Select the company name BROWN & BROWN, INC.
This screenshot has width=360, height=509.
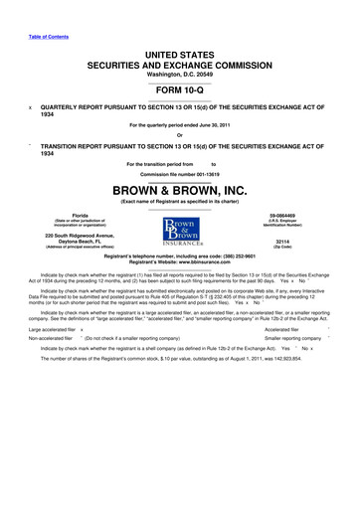click(x=180, y=187)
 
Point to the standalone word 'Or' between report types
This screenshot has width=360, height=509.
click(x=180, y=136)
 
